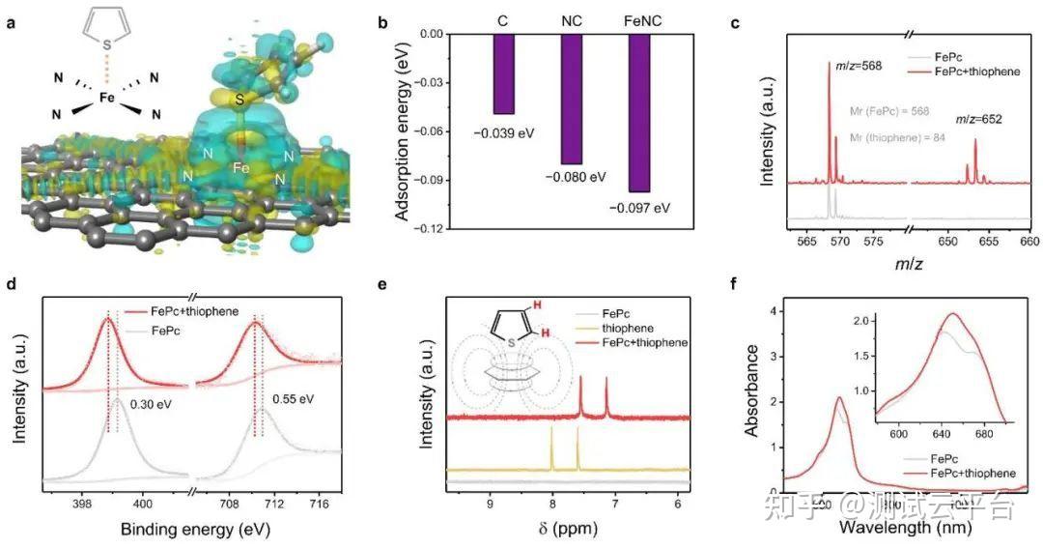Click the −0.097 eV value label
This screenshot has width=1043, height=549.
tap(638, 207)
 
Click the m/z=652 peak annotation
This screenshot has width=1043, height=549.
tap(978, 119)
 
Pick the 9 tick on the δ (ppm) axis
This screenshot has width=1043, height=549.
tap(490, 504)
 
